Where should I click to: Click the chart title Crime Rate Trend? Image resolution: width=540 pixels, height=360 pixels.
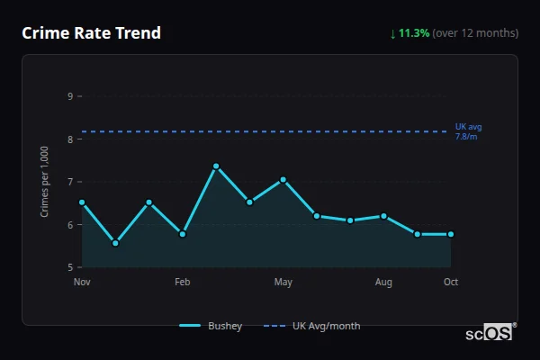91,33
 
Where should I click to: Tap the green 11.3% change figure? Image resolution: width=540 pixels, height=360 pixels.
413,33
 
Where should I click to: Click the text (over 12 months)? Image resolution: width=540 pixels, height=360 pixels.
475,33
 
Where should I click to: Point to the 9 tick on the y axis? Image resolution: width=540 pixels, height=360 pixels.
69,96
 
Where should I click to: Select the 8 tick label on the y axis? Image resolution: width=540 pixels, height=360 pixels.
69,139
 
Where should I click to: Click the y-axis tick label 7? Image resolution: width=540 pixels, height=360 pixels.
69,182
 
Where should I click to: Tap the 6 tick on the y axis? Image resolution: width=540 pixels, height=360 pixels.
69,225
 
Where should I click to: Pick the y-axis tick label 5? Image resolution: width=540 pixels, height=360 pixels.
69,267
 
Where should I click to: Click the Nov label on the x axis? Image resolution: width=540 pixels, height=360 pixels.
82,283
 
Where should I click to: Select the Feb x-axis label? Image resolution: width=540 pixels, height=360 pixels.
183,283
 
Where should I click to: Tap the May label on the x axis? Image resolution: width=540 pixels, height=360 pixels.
283,283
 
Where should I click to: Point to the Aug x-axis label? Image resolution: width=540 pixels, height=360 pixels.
383,283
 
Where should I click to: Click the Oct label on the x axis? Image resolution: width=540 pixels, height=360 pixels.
451,283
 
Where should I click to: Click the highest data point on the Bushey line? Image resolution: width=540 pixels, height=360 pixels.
216,166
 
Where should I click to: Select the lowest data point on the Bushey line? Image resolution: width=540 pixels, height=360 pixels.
115,243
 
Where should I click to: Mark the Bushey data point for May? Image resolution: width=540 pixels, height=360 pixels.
283,180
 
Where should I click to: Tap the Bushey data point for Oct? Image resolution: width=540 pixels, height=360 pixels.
451,234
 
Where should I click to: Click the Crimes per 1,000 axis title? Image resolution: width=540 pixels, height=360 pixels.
45,182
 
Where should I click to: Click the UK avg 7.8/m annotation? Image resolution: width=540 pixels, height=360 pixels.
468,131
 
